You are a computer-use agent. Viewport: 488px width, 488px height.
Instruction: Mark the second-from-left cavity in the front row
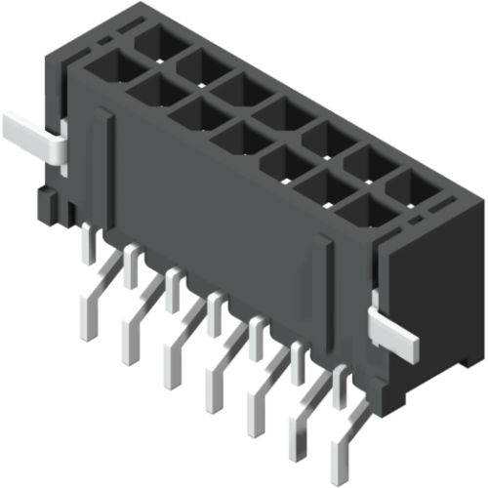tap(148, 93)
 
